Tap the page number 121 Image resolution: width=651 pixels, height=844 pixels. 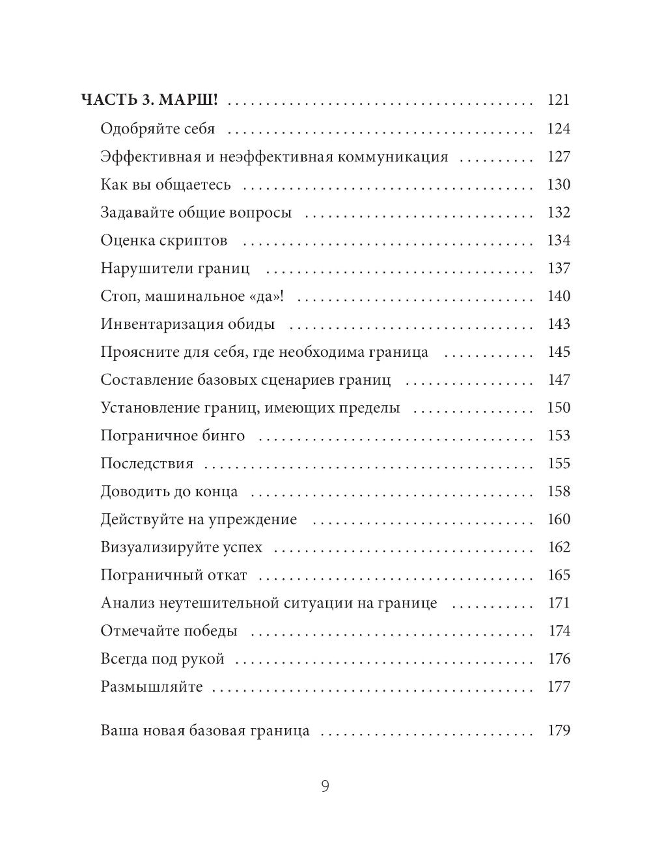(x=559, y=100)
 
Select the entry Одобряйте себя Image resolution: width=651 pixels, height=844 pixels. (x=158, y=128)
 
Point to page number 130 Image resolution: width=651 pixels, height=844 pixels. (x=559, y=184)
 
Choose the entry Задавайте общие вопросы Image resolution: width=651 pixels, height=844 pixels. (x=196, y=212)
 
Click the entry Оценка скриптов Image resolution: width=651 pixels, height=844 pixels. (x=164, y=240)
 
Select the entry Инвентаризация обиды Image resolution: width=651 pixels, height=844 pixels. (x=187, y=324)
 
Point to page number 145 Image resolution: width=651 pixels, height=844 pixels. (x=559, y=352)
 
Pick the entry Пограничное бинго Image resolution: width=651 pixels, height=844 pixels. (x=173, y=436)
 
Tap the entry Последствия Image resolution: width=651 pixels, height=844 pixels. (x=147, y=464)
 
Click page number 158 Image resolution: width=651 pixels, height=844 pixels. (x=559, y=492)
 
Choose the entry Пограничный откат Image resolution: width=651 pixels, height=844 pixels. (x=174, y=576)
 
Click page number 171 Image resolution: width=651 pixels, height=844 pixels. (x=559, y=603)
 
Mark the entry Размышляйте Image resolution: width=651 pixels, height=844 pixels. (x=152, y=687)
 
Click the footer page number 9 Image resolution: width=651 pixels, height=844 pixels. (x=325, y=787)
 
